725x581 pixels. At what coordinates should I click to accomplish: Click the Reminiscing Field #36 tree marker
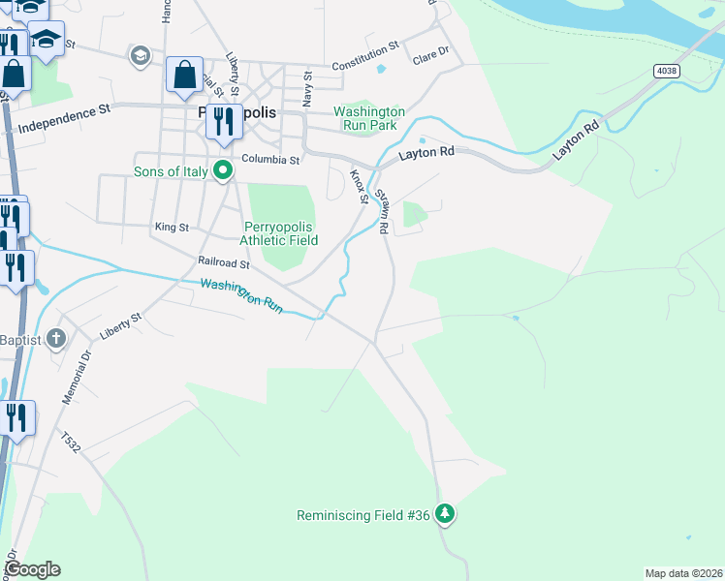445,513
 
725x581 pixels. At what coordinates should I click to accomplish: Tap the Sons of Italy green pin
223,172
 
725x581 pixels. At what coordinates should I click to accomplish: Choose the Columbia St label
270,159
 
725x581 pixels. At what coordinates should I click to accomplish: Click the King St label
172,227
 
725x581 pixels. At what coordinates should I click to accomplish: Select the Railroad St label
224,262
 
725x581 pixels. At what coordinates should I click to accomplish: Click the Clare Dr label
431,56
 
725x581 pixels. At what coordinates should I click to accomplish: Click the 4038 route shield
666,71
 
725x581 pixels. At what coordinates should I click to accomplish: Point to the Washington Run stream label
241,295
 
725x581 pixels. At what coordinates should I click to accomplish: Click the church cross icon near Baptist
57,339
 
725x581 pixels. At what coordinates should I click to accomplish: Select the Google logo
31,569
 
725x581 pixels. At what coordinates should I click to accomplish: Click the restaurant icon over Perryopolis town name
224,121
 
